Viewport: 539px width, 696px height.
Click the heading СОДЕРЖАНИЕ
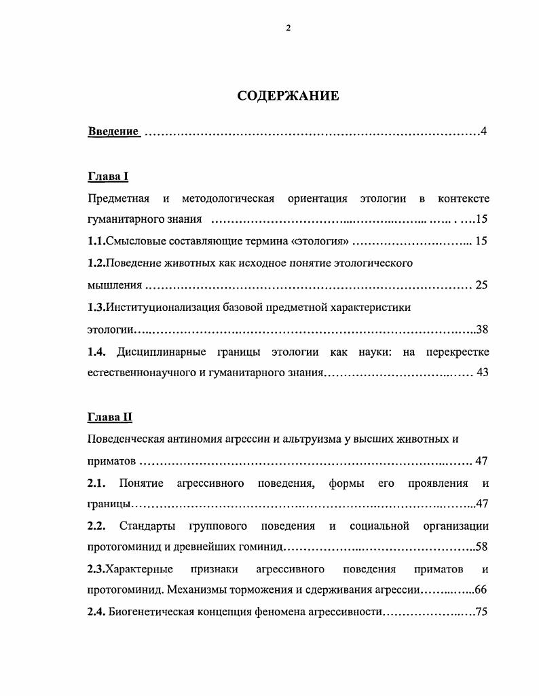tap(288, 96)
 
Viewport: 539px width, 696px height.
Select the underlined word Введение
tap(113, 131)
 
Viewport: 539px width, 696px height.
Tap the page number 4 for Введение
tap(483, 131)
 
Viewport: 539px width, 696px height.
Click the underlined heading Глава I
tap(108, 177)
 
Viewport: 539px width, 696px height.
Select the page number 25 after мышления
tap(481, 285)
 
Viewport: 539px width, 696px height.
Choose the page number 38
tap(482, 329)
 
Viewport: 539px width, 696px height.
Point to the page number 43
tap(482, 373)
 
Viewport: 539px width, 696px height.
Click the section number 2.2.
tap(98, 526)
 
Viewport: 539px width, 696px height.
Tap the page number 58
tap(482, 547)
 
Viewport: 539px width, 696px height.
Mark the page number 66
tap(481, 589)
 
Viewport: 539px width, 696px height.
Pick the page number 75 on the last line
tap(482, 612)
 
